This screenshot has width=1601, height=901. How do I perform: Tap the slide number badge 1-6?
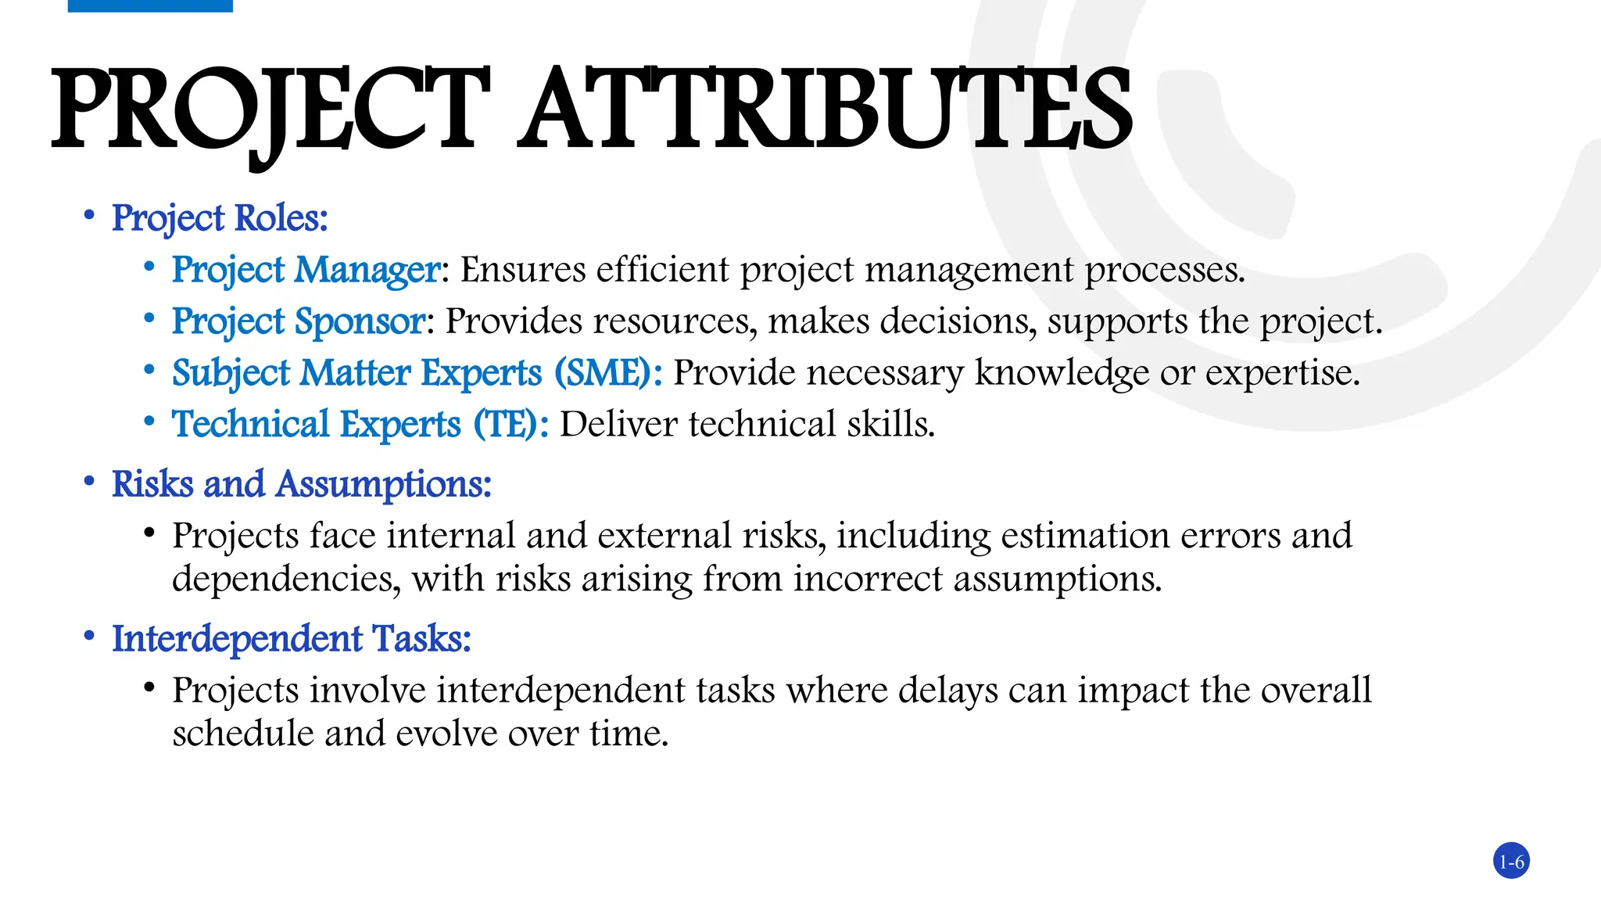1511,862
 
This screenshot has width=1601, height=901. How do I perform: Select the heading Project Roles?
220,218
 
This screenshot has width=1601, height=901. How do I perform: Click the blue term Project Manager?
306,270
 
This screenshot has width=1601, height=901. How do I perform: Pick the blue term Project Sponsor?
299,321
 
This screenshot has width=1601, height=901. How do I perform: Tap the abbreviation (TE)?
510,425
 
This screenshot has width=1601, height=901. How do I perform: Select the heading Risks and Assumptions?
302,484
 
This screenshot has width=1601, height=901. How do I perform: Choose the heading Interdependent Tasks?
292,639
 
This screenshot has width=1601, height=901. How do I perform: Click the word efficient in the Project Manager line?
663,270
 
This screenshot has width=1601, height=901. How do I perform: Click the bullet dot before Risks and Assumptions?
90,480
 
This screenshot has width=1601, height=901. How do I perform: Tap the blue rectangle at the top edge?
150,5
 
